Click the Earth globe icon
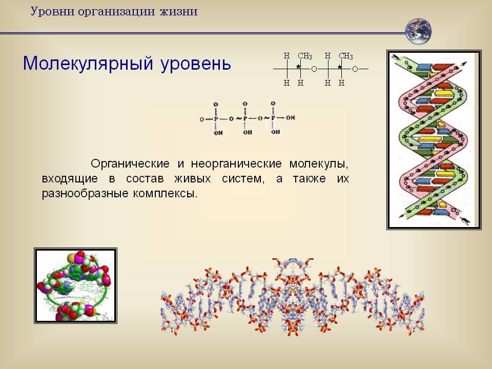point(418,31)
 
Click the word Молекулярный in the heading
point(88,64)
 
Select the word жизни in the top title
point(178,12)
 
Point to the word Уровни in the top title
point(52,12)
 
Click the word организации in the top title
point(116,12)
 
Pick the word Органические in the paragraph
point(130,164)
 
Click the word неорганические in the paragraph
point(236,164)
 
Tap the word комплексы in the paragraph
point(165,193)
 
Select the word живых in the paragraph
point(192,178)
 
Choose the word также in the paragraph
point(310,178)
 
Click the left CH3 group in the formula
point(304,56)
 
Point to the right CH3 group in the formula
point(346,56)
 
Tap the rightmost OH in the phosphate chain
point(291,118)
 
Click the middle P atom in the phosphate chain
point(245,118)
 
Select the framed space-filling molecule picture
point(75,285)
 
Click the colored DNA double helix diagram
point(434,139)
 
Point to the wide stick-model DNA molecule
point(293,297)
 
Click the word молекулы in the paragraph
point(319,164)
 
